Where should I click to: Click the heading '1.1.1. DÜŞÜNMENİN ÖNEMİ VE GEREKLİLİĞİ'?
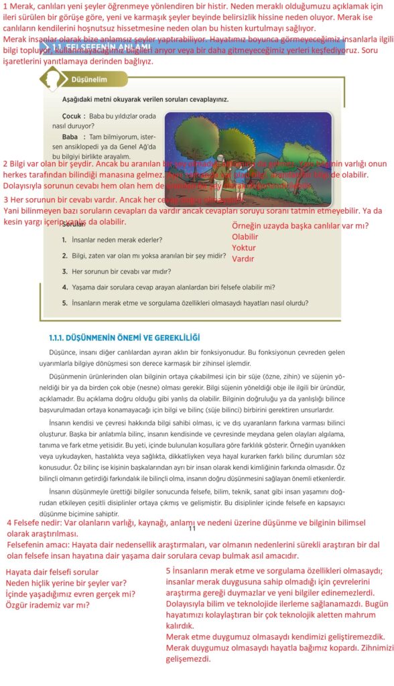click(125, 337)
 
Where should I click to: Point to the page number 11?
click(192, 529)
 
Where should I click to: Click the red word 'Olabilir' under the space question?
click(245, 236)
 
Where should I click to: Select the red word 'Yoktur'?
click(243, 248)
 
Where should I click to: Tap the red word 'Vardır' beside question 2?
click(243, 258)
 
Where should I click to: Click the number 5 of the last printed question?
click(64, 303)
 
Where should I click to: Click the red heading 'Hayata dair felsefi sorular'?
click(52, 572)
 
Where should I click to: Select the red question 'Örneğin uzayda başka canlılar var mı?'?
click(300, 226)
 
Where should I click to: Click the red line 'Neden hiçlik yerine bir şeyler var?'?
click(66, 583)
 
